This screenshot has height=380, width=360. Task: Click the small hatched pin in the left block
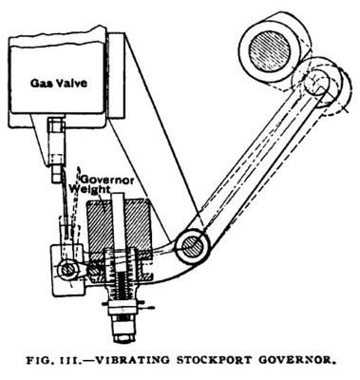point(67,270)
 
